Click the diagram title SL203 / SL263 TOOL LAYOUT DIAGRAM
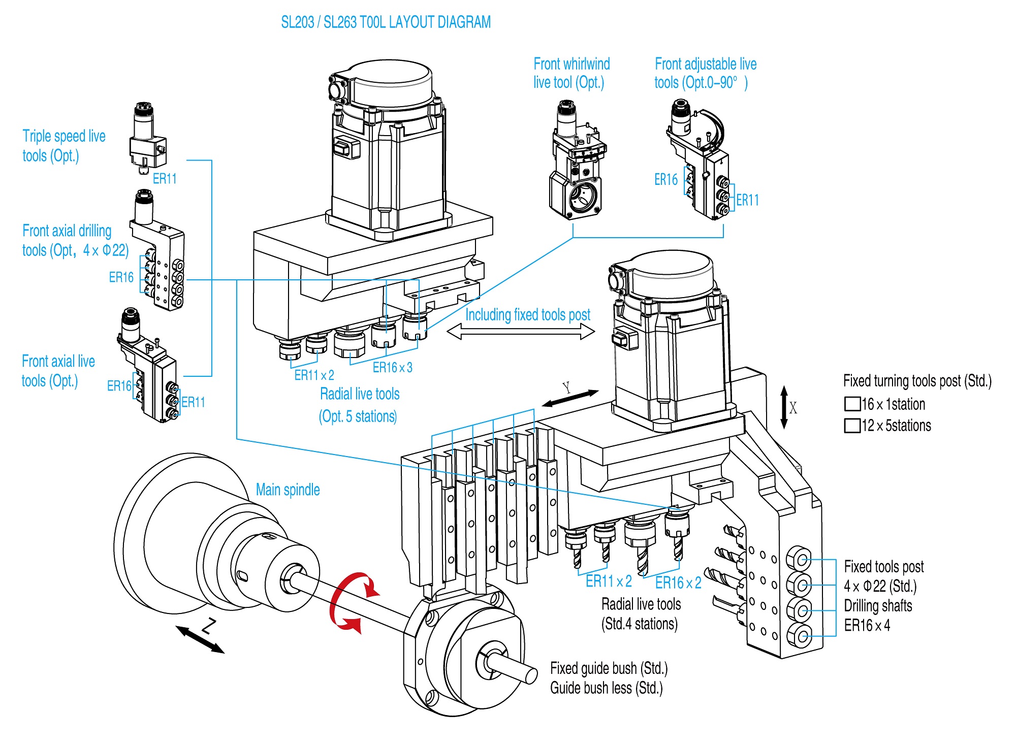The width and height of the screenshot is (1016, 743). point(386,22)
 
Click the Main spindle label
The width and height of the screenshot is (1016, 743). point(288,490)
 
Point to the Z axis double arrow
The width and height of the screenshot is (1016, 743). point(200,639)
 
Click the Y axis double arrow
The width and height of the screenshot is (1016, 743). point(570,398)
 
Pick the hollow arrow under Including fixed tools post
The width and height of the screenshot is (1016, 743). point(520,332)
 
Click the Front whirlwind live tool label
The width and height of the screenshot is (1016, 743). point(571,73)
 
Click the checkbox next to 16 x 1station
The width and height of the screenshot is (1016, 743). point(852,404)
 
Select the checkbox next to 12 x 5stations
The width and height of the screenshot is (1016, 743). point(852,426)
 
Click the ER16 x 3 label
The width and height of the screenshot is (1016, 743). point(392,368)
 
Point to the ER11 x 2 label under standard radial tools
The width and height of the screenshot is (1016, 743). point(608,581)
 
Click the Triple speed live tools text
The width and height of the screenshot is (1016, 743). point(63,146)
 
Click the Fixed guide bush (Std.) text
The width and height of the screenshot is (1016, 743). point(609,668)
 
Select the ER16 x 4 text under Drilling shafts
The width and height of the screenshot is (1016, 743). point(867,625)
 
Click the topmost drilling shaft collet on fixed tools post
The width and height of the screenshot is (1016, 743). point(800,560)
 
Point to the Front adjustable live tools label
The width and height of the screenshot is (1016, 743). point(705,73)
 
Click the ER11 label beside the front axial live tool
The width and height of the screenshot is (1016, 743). point(193,402)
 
